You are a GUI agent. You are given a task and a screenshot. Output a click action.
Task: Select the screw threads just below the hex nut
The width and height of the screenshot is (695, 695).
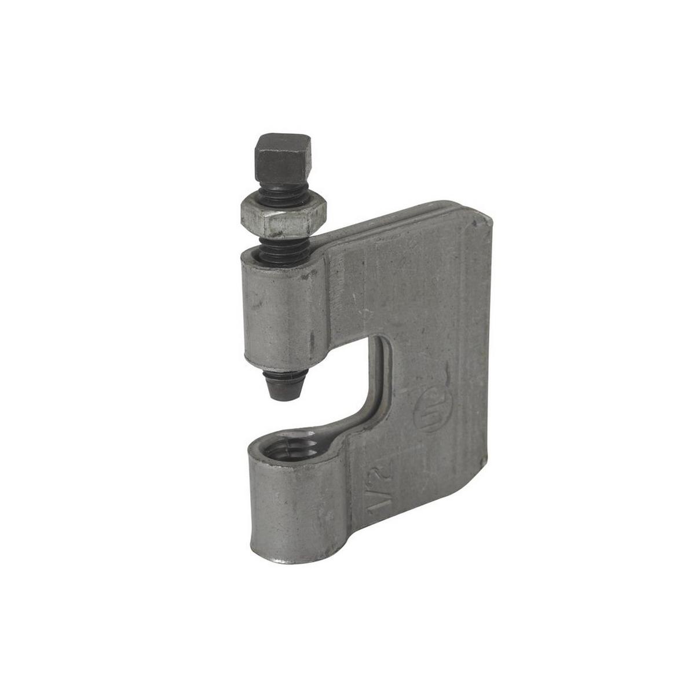click(278, 243)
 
